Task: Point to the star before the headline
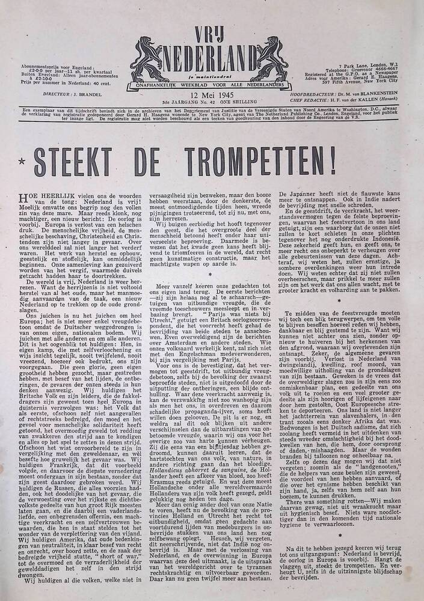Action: tap(22, 163)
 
